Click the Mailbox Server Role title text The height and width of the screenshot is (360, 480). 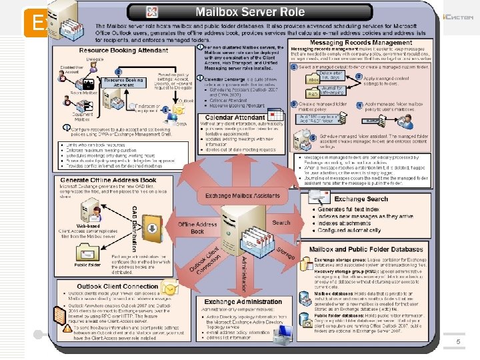[249, 12]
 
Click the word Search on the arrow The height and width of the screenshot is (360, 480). [281, 223]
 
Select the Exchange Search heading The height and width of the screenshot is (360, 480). [361, 199]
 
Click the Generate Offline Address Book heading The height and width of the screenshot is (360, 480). [108, 180]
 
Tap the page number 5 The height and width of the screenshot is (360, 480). [458, 341]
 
